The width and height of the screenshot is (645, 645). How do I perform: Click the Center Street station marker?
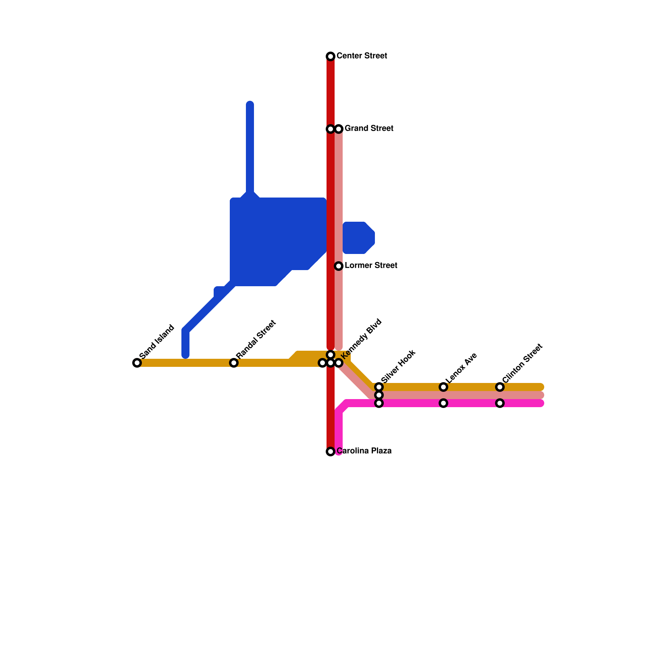coord(331,56)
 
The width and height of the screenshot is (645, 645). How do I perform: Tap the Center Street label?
coord(362,56)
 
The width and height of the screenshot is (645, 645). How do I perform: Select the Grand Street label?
coord(369,129)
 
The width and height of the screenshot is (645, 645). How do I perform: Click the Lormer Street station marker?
coord(339,266)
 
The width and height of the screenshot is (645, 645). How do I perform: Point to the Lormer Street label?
coord(371,266)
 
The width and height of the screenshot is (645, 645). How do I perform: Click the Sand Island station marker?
coord(137,363)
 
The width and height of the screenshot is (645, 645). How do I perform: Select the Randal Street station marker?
coord(234,363)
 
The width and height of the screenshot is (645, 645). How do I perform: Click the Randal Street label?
coord(256,339)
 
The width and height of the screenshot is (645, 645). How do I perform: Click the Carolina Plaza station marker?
coord(331,451)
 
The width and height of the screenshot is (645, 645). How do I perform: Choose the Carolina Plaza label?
coord(364,451)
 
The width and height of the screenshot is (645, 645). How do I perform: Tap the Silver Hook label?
coord(398,366)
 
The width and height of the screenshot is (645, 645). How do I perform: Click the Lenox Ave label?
coord(462,368)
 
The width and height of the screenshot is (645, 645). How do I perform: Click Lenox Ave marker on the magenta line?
coord(443,403)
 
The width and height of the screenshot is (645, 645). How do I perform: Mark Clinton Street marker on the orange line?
coord(500,387)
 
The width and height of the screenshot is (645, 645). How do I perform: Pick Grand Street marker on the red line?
coord(331,129)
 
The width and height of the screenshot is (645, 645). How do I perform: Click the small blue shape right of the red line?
coord(358,238)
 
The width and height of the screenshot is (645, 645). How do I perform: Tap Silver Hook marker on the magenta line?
coord(379,403)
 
